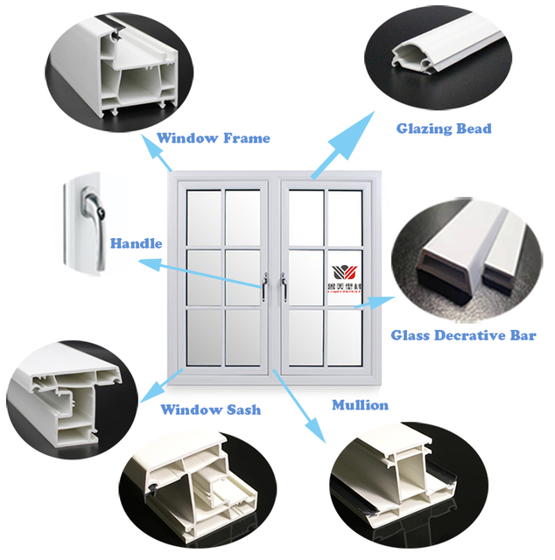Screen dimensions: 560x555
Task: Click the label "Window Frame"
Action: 213,138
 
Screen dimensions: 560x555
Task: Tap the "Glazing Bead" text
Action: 444,129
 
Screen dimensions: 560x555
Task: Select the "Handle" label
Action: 136,242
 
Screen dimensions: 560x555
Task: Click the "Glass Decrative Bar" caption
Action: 463,335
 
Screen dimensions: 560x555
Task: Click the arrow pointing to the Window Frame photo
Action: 158,155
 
